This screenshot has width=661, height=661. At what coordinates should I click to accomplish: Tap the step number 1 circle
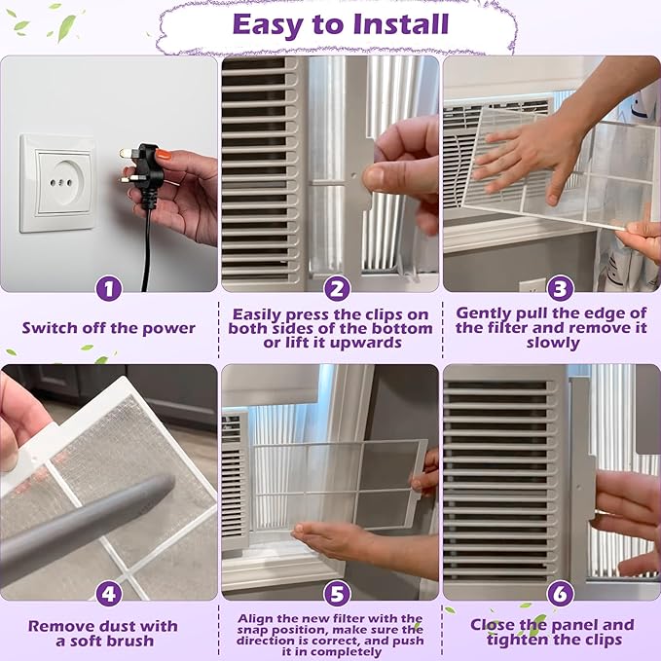pos(109,289)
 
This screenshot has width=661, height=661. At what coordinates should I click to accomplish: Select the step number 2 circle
pos(337,289)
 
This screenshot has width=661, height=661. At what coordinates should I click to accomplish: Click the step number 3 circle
pos(561,289)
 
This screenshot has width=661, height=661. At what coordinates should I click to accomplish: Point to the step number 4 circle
pos(109,594)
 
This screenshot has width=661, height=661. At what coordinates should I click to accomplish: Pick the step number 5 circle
pos(337,594)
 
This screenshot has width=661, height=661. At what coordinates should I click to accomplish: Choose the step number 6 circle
pos(561,594)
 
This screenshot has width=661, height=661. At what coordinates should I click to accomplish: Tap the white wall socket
pos(58,183)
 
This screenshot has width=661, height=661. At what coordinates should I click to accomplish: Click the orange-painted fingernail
pos(164,155)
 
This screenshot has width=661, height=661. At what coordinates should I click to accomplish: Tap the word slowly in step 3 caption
pos(553,343)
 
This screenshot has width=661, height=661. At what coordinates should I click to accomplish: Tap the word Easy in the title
pos(268,25)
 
